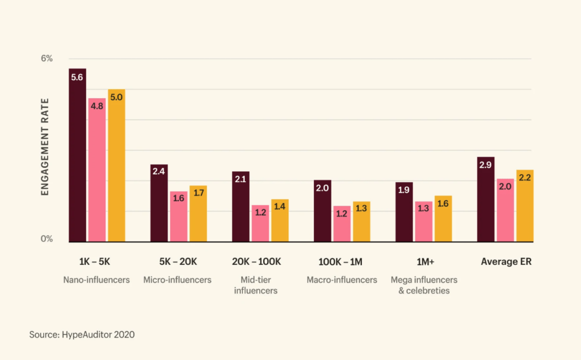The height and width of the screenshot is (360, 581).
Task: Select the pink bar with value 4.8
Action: click(x=97, y=170)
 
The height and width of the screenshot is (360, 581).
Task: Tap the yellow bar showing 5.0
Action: click(x=116, y=166)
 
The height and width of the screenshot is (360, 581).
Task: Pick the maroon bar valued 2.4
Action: click(x=159, y=203)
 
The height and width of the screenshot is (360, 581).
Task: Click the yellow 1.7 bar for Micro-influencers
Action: click(x=198, y=214)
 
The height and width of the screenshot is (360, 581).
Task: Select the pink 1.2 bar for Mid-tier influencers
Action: click(x=260, y=223)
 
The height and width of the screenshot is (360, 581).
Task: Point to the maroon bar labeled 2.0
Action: click(x=322, y=211)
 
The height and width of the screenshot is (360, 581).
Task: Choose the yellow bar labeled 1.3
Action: click(x=361, y=222)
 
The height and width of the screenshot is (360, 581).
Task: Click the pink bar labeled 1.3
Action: click(x=423, y=222)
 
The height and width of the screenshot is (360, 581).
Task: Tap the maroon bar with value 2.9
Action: click(x=486, y=199)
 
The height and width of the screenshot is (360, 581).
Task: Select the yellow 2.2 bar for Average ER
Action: click(x=525, y=206)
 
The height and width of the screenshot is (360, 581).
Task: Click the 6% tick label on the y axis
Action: click(x=46, y=59)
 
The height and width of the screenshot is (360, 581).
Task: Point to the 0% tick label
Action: click(x=46, y=239)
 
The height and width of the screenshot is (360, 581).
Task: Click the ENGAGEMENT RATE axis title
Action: click(x=45, y=147)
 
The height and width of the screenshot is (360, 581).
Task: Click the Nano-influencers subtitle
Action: click(x=96, y=280)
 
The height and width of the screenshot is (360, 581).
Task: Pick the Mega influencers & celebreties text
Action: click(x=424, y=285)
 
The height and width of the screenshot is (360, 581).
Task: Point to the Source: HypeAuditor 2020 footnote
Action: click(x=82, y=334)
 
